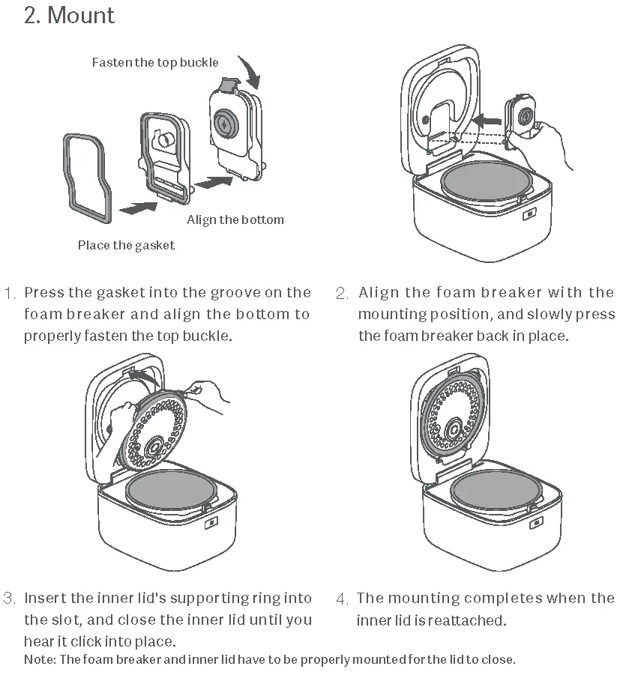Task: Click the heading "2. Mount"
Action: coord(69,16)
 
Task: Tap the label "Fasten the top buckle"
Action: coord(155,62)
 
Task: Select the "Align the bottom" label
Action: coord(235,220)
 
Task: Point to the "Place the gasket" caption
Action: coord(126,245)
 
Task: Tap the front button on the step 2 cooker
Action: coord(529,214)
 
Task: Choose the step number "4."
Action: coord(342,599)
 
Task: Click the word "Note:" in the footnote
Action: coord(40,659)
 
